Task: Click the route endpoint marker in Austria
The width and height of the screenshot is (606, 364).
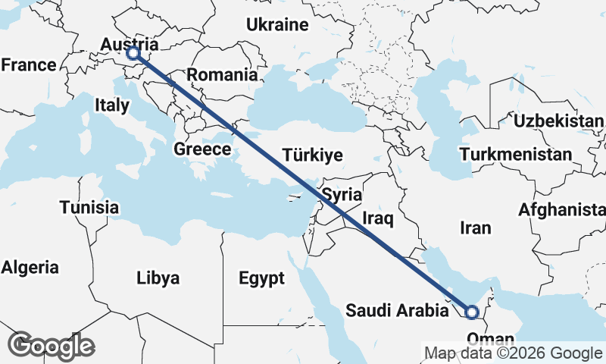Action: pos(133,53)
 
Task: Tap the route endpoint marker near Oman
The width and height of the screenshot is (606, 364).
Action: pos(471,311)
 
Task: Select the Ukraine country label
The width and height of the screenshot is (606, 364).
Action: pos(277,24)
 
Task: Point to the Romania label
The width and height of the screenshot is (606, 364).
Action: pos(222,75)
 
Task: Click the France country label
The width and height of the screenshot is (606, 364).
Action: pos(29,65)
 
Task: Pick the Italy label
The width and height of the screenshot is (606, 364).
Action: pos(112,105)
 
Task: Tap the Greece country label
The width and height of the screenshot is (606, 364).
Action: pos(202,149)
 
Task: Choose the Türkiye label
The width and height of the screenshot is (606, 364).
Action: pos(312,155)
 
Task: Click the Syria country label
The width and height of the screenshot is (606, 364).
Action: pos(342,195)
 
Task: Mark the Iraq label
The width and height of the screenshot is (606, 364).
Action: pos(377,219)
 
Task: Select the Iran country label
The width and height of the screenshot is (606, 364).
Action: pos(476,227)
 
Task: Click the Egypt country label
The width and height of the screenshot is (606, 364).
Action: pos(261,278)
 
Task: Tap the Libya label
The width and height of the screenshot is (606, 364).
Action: pos(158,278)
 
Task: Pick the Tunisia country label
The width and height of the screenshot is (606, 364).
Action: pos(89,207)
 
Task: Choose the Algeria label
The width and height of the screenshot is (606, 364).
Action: pos(30,267)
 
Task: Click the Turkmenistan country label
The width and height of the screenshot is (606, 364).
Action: pos(515,155)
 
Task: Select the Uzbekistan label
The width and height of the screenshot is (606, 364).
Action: pos(559,121)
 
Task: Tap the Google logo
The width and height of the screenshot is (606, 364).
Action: pos(51,346)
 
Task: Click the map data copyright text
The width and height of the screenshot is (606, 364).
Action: pos(513,353)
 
